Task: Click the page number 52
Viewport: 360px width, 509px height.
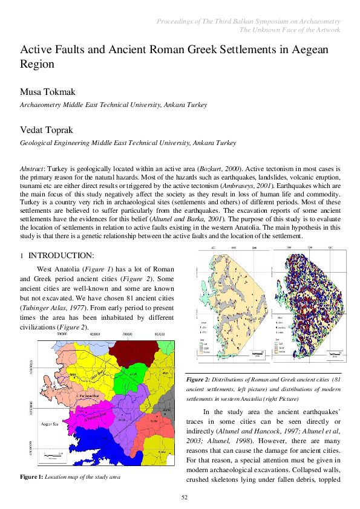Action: [186, 497]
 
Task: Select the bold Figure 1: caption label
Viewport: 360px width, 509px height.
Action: [31, 477]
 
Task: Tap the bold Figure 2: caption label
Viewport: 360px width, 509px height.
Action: [198, 379]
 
